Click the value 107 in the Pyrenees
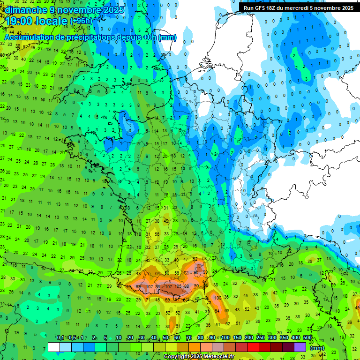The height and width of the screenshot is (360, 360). coord(169,287)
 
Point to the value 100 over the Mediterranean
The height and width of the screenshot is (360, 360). coord(217,298)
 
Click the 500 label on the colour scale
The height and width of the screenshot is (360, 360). coord(307,338)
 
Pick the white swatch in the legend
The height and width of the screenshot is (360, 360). coord(54,347)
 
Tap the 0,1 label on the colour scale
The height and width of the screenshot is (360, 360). coord(60,338)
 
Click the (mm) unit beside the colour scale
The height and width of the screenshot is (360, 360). coord(317,348)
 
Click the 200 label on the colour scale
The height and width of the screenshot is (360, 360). coord(248,338)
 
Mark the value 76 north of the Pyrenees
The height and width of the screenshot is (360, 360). coord(149,274)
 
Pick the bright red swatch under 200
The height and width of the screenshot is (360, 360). coord(254,347)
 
